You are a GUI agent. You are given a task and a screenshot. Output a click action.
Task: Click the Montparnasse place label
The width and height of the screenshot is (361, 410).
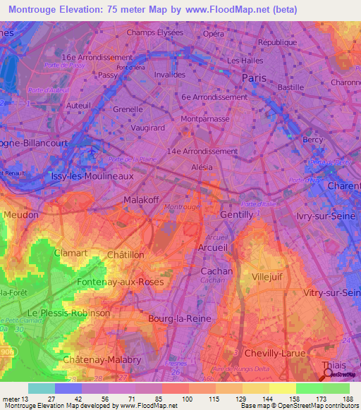point(205,120)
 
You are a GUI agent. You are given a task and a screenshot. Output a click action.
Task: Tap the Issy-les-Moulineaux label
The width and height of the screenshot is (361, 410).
point(92,176)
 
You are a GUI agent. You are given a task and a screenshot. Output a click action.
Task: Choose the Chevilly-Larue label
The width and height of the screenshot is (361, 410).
point(276,352)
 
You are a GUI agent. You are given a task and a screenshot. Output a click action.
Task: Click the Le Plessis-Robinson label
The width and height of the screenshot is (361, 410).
point(68,312)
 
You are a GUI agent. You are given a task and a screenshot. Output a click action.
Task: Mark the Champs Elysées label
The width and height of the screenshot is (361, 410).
point(154,32)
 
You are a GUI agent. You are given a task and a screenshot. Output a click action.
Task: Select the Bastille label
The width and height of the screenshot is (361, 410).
point(290,87)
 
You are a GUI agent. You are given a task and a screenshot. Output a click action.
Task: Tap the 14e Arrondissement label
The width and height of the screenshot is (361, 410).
point(203,151)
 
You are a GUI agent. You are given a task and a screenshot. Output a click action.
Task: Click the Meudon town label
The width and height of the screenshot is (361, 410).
point(21,214)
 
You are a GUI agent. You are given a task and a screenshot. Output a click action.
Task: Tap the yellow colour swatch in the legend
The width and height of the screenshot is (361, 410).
point(282,388)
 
